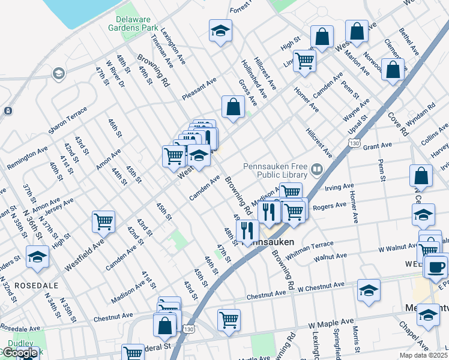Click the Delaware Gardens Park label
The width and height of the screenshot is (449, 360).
coord(133,23)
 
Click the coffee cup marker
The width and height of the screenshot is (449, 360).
coord(436,266)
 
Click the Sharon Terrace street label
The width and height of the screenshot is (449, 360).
coord(68,121)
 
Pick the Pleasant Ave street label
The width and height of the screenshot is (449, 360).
coord(199,86)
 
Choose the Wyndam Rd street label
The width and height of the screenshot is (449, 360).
coord(420,117)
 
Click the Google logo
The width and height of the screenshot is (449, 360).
coord(20,353)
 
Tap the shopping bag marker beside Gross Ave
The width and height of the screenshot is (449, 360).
coord(233,108)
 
